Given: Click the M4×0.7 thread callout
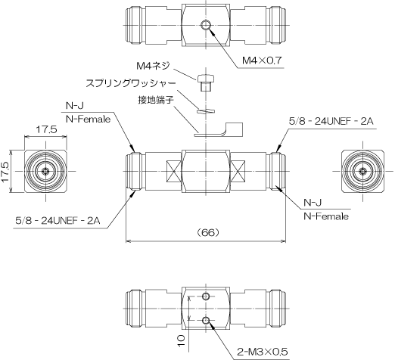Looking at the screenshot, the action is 262,61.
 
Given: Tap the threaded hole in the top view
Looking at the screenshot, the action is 206,25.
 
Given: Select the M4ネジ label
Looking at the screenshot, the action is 153,66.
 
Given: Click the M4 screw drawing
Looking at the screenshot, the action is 206,82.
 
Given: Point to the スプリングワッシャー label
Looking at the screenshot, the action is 131,83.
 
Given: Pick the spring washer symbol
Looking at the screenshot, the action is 206,111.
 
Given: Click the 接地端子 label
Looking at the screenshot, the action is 156,100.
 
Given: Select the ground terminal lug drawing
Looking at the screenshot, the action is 219,130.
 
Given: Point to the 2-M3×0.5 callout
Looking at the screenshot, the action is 263,351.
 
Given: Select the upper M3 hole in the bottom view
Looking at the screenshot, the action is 206,296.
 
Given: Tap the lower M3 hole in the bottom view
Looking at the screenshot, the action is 206,320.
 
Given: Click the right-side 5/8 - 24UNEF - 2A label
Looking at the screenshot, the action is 331,122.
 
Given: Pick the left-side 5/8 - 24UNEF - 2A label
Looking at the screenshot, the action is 58,221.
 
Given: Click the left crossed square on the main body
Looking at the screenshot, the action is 174,172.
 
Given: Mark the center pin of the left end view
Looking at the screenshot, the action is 45,172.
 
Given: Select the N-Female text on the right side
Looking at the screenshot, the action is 326,216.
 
